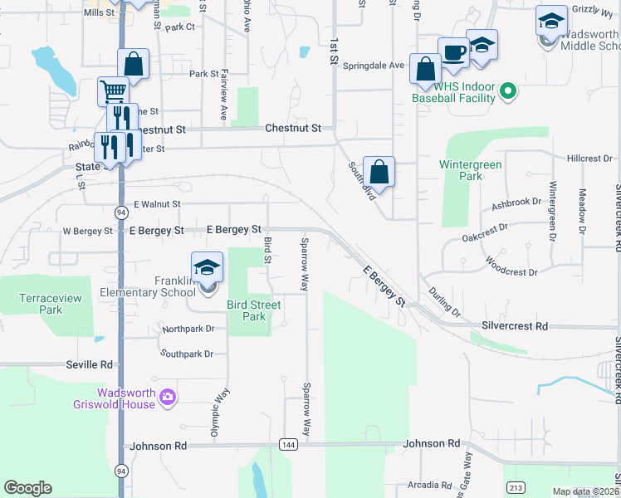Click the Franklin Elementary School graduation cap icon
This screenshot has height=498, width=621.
tap(208, 267)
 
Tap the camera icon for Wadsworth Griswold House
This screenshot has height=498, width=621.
tap(168, 398)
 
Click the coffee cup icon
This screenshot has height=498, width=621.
tap(453, 53)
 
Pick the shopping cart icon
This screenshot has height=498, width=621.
tap(114, 90)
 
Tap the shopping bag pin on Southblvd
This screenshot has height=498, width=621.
tap(379, 173)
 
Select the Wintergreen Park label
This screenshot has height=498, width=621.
tap(470, 170)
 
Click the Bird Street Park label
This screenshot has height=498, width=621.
tap(254, 310)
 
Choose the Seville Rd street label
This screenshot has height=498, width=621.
tap(89, 364)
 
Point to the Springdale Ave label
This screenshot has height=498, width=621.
tap(374, 65)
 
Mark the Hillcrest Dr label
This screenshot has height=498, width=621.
tap(589, 158)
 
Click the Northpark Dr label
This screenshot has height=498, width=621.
tap(188, 329)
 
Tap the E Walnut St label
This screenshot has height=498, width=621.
tap(157, 203)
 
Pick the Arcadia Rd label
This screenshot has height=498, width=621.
tap(429, 485)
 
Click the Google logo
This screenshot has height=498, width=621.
tap(28, 488)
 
